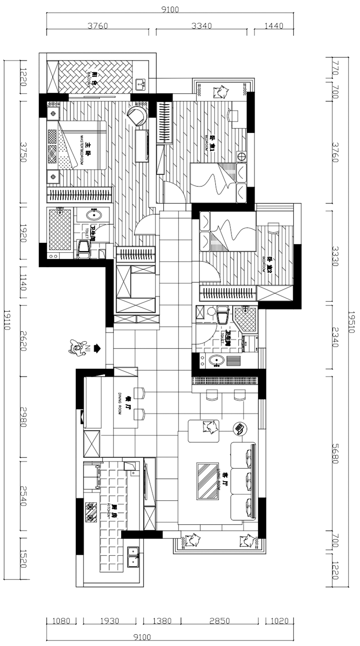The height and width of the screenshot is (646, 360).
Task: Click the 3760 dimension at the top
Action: (98, 25)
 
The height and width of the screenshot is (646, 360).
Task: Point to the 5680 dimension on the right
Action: (335, 453)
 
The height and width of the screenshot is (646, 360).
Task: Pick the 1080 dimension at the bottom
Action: (61, 621)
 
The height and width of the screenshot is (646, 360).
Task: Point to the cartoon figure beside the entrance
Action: (75, 348)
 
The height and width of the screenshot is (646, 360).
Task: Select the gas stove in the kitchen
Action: (91, 512)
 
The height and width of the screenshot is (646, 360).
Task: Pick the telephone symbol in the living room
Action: (240, 429)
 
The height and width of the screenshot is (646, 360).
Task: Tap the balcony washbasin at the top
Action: (141, 85)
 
